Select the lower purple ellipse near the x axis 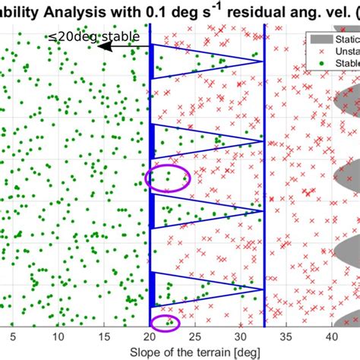166,324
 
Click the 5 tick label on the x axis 11,336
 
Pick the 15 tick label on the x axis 105,336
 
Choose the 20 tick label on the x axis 151,336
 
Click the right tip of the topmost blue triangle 264,62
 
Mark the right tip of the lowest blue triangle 264,289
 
